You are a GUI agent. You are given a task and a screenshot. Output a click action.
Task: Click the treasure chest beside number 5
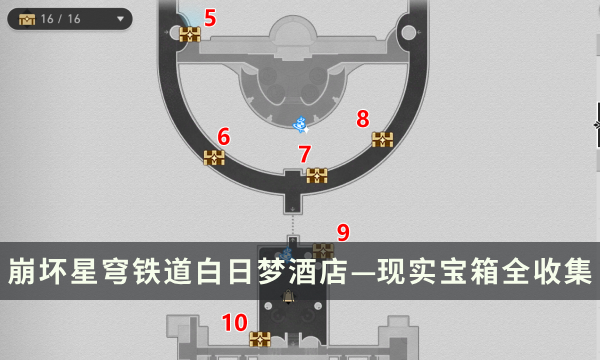point(190,34)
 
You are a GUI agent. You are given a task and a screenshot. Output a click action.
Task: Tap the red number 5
point(210,17)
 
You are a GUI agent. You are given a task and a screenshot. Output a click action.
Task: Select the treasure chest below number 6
point(214,157)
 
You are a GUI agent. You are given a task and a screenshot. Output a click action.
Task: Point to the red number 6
point(223,136)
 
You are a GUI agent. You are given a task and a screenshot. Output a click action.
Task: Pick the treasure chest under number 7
point(317,176)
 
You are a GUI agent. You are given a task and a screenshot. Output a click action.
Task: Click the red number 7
point(305,154)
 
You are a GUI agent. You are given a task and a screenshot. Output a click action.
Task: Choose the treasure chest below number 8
point(382,139)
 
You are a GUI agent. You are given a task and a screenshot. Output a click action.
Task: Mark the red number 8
point(363,119)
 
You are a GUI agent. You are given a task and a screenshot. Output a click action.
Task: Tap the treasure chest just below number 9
point(322,249)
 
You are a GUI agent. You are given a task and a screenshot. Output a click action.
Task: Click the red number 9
point(343,233)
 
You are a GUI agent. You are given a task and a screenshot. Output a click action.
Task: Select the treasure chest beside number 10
point(260,339)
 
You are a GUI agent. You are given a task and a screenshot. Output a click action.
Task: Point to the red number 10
point(235,322)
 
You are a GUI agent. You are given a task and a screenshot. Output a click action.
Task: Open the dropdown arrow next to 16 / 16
point(121,18)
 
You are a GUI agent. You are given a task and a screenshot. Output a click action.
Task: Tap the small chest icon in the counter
point(26,18)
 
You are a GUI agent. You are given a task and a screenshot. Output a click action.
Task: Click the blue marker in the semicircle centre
point(300,124)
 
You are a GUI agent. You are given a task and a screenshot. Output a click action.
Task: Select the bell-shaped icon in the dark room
point(290,297)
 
